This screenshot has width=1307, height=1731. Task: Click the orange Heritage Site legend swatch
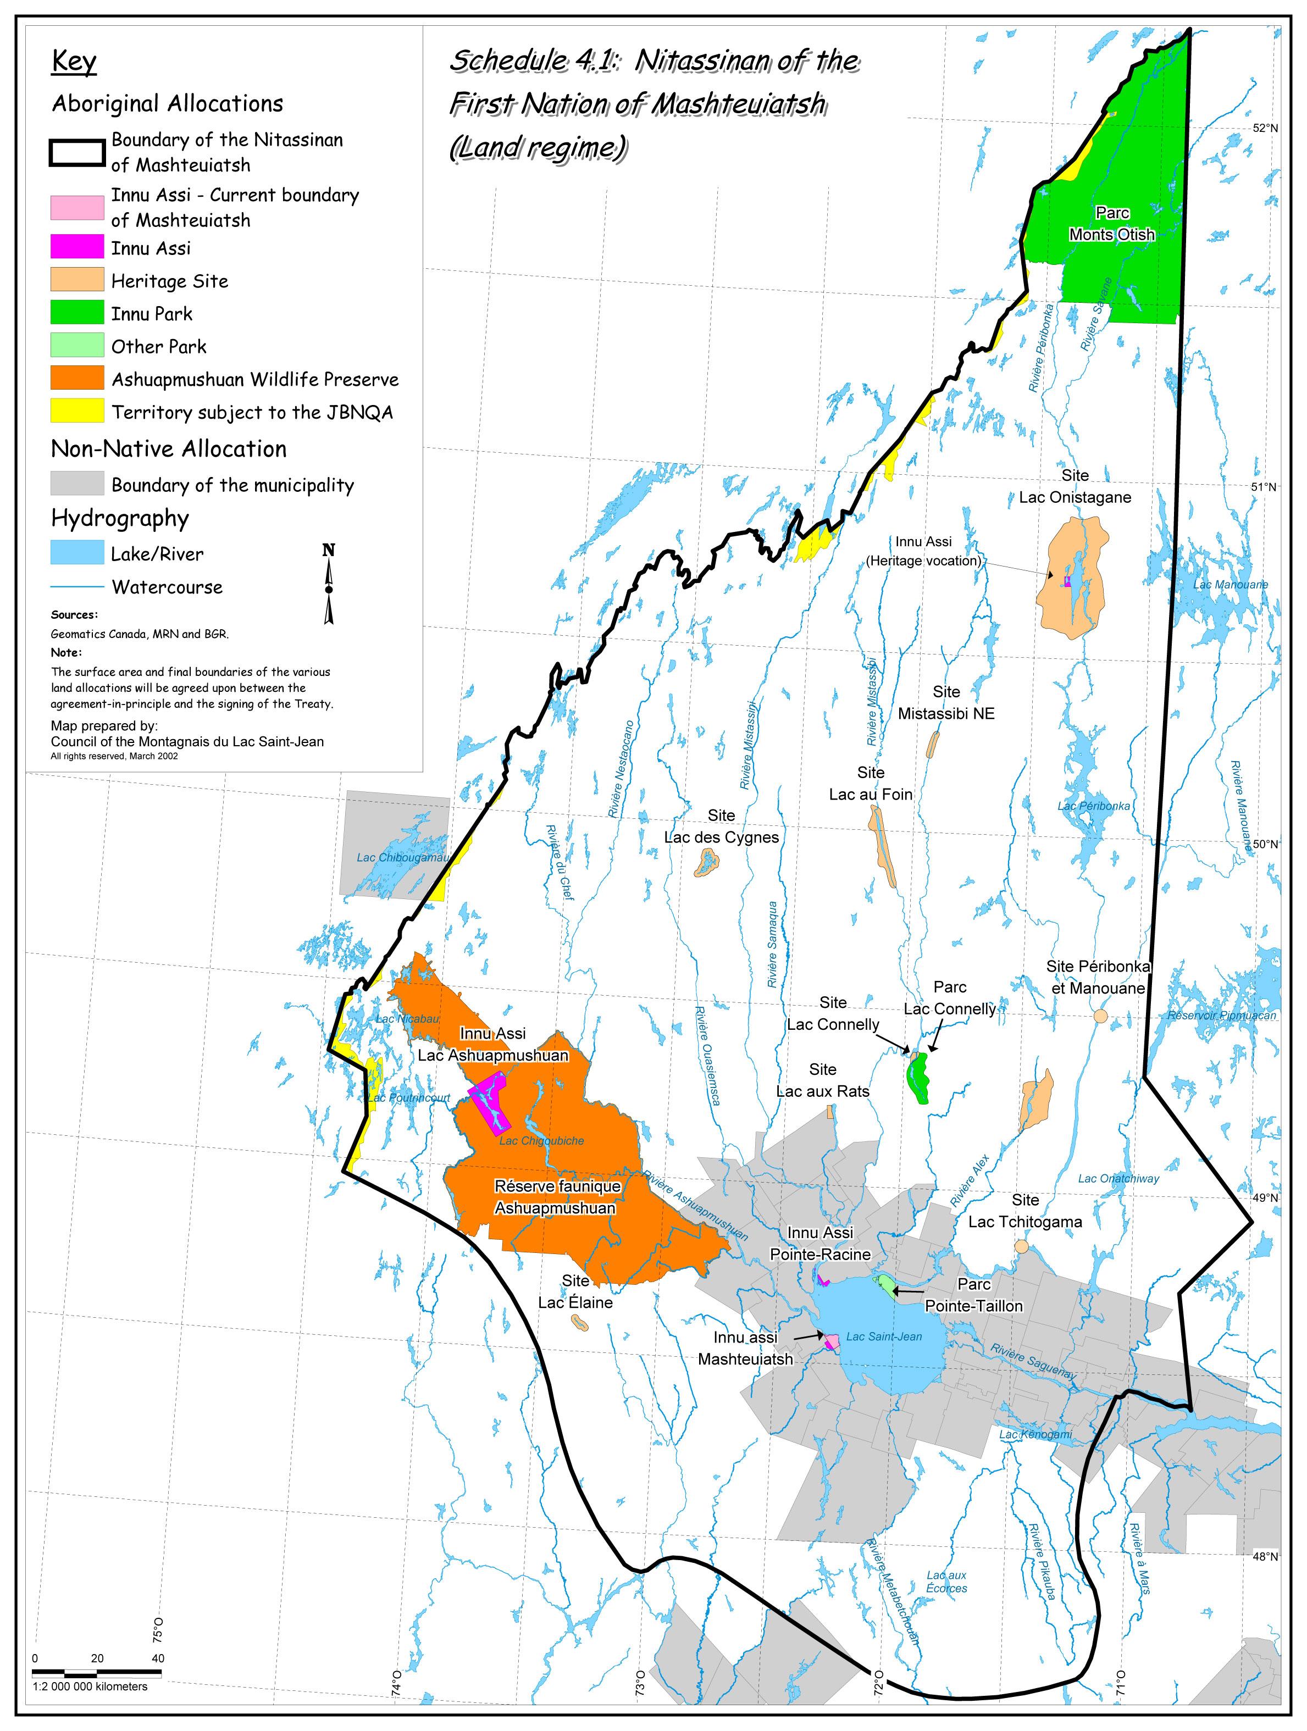[77, 279]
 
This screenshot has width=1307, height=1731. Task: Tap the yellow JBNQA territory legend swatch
[77, 410]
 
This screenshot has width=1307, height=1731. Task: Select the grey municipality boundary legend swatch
[77, 483]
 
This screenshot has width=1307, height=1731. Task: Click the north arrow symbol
[329, 585]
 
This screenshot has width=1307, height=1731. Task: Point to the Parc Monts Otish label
[1112, 224]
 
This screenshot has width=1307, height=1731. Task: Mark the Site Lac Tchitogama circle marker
[1021, 1246]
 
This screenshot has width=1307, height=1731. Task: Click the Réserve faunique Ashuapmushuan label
[557, 1197]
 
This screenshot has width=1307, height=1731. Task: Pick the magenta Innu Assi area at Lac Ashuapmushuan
[489, 1103]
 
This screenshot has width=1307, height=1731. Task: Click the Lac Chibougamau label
[403, 857]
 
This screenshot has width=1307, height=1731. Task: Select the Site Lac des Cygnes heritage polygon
[707, 864]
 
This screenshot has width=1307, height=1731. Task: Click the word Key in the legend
[74, 61]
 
